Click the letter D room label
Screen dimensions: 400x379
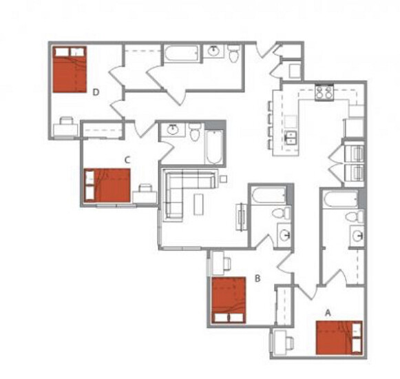(96, 92)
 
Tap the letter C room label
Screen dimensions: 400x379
(127, 160)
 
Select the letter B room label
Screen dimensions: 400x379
(257, 278)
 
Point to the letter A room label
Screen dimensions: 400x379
(328, 312)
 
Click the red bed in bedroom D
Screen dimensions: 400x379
(70, 69)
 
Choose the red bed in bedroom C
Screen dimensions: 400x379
(107, 185)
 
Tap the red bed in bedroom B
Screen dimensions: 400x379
(229, 300)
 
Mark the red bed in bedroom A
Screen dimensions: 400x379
(339, 338)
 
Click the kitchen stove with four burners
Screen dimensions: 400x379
(324, 92)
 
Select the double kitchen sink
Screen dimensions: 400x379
(291, 138)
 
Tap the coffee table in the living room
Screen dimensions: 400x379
(198, 204)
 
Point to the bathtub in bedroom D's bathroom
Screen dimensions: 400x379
(181, 53)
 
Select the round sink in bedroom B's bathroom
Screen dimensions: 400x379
(285, 235)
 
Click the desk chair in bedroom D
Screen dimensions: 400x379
(66, 121)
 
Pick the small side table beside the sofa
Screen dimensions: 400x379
(224, 179)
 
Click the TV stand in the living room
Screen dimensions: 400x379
(240, 217)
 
